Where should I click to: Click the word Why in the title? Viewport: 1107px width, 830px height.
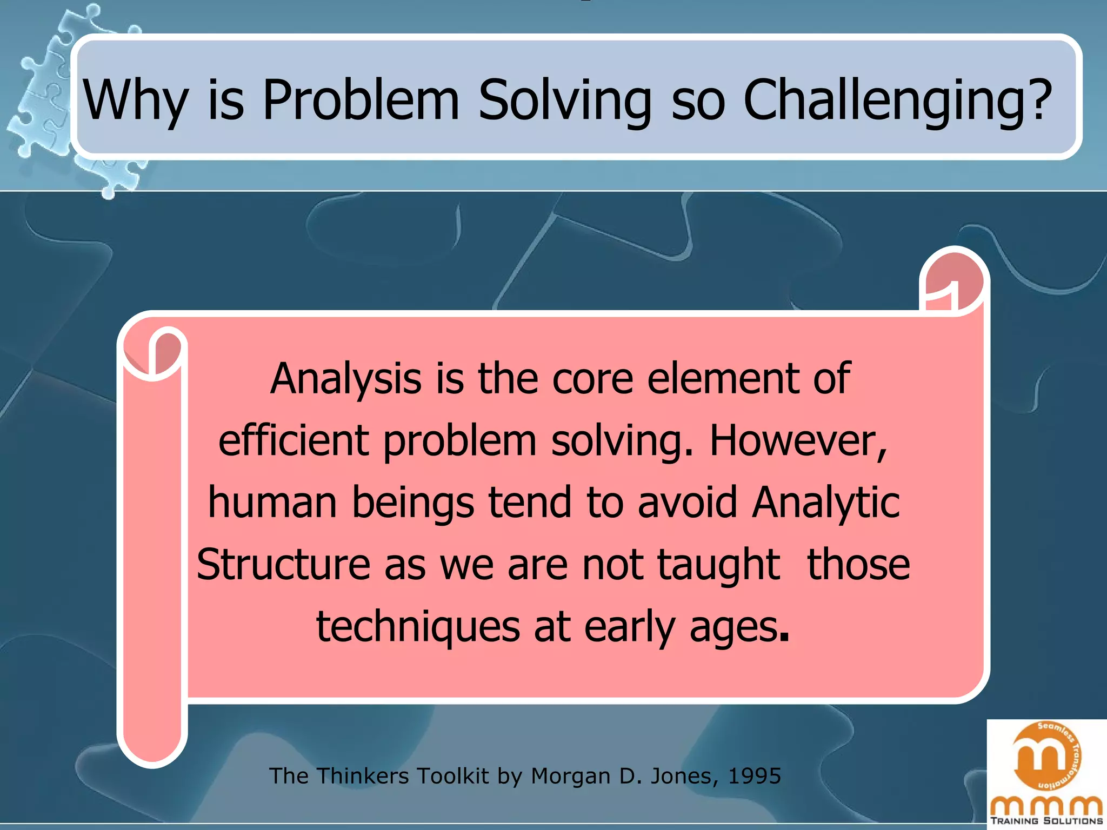coord(136,101)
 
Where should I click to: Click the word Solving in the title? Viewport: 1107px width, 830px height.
coord(565,101)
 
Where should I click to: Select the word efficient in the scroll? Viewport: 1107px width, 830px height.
coord(294,440)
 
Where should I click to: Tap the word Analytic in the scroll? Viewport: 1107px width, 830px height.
coord(825,503)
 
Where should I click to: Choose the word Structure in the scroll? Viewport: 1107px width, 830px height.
coord(283,565)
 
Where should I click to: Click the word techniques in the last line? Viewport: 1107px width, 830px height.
coord(418,627)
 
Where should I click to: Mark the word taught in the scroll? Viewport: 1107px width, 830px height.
coord(719,565)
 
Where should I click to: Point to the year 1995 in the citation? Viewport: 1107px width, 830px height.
coord(754,776)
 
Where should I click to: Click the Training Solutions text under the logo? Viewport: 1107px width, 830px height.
coord(1046,821)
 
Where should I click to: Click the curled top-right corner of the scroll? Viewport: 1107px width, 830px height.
coord(954,281)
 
